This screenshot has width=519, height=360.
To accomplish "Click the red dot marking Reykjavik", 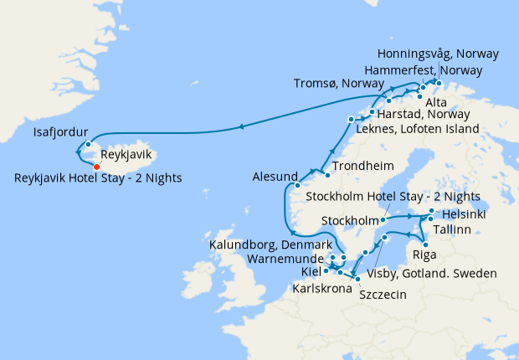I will click(97, 167).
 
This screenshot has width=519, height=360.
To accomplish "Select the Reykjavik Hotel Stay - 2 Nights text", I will click(98, 177).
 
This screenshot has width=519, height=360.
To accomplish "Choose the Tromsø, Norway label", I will click(339, 83).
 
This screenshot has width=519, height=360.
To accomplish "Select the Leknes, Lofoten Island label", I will click(418, 129).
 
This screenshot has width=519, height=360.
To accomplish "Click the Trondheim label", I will click(361, 166).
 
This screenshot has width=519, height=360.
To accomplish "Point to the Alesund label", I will click(275, 177).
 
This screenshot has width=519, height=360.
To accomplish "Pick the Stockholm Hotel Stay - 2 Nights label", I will click(393, 197).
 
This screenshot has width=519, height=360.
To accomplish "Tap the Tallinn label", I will click(457, 229).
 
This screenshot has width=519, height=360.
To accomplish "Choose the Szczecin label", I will click(383, 295).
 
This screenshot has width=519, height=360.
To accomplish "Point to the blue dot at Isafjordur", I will click(87, 144).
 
